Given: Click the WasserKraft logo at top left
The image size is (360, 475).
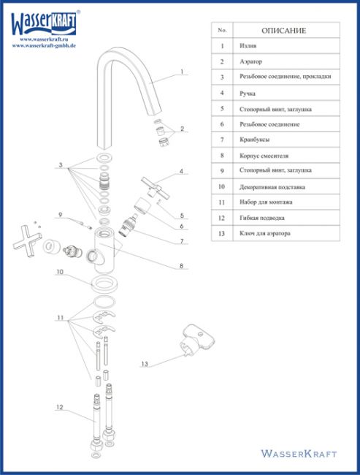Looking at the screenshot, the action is point(45,23).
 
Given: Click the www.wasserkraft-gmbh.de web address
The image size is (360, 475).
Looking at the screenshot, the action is point(44,46).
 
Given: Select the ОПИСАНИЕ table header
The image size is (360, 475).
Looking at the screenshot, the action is point(284,31).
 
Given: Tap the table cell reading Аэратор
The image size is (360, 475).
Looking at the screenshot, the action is point(250,61).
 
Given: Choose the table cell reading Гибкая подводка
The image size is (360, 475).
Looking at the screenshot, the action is point(262,218).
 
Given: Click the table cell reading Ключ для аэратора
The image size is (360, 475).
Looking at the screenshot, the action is point(265,233).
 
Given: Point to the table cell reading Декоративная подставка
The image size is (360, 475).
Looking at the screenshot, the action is point(272,187).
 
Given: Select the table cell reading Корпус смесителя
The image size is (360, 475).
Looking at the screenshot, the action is point(264,156).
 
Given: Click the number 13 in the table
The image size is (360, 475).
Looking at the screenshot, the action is point(222,233).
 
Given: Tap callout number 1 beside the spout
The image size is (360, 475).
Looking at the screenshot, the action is point(182,72).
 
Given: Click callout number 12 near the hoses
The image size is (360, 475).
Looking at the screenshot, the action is point(60,407).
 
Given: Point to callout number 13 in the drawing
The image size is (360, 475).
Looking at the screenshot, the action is point(145,363).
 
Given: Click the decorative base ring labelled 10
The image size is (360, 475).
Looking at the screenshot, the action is point(104,284).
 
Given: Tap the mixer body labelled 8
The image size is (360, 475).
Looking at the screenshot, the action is point(104,251).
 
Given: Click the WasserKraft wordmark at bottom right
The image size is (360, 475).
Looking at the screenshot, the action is point(299,454).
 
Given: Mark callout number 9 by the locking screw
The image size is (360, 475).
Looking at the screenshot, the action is point(61,215).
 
